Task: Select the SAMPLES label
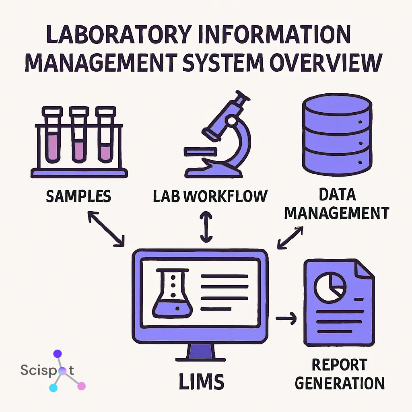pyautogui.click(x=78, y=196)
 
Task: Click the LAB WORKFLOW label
pyautogui.click(x=210, y=196)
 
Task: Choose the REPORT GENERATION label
pyautogui.click(x=340, y=373)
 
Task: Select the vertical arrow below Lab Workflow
pyautogui.click(x=206, y=228)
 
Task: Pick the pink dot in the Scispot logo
pyautogui.click(x=81, y=386)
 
